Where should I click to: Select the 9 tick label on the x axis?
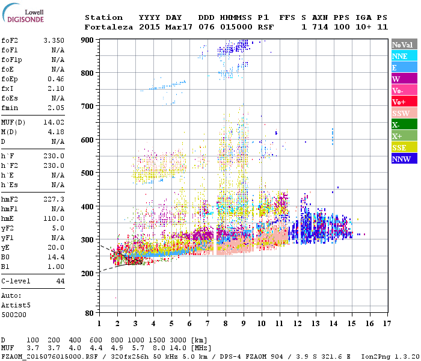click(244, 324)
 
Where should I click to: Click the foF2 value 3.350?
click(54, 40)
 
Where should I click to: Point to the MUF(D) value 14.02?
click(54, 122)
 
